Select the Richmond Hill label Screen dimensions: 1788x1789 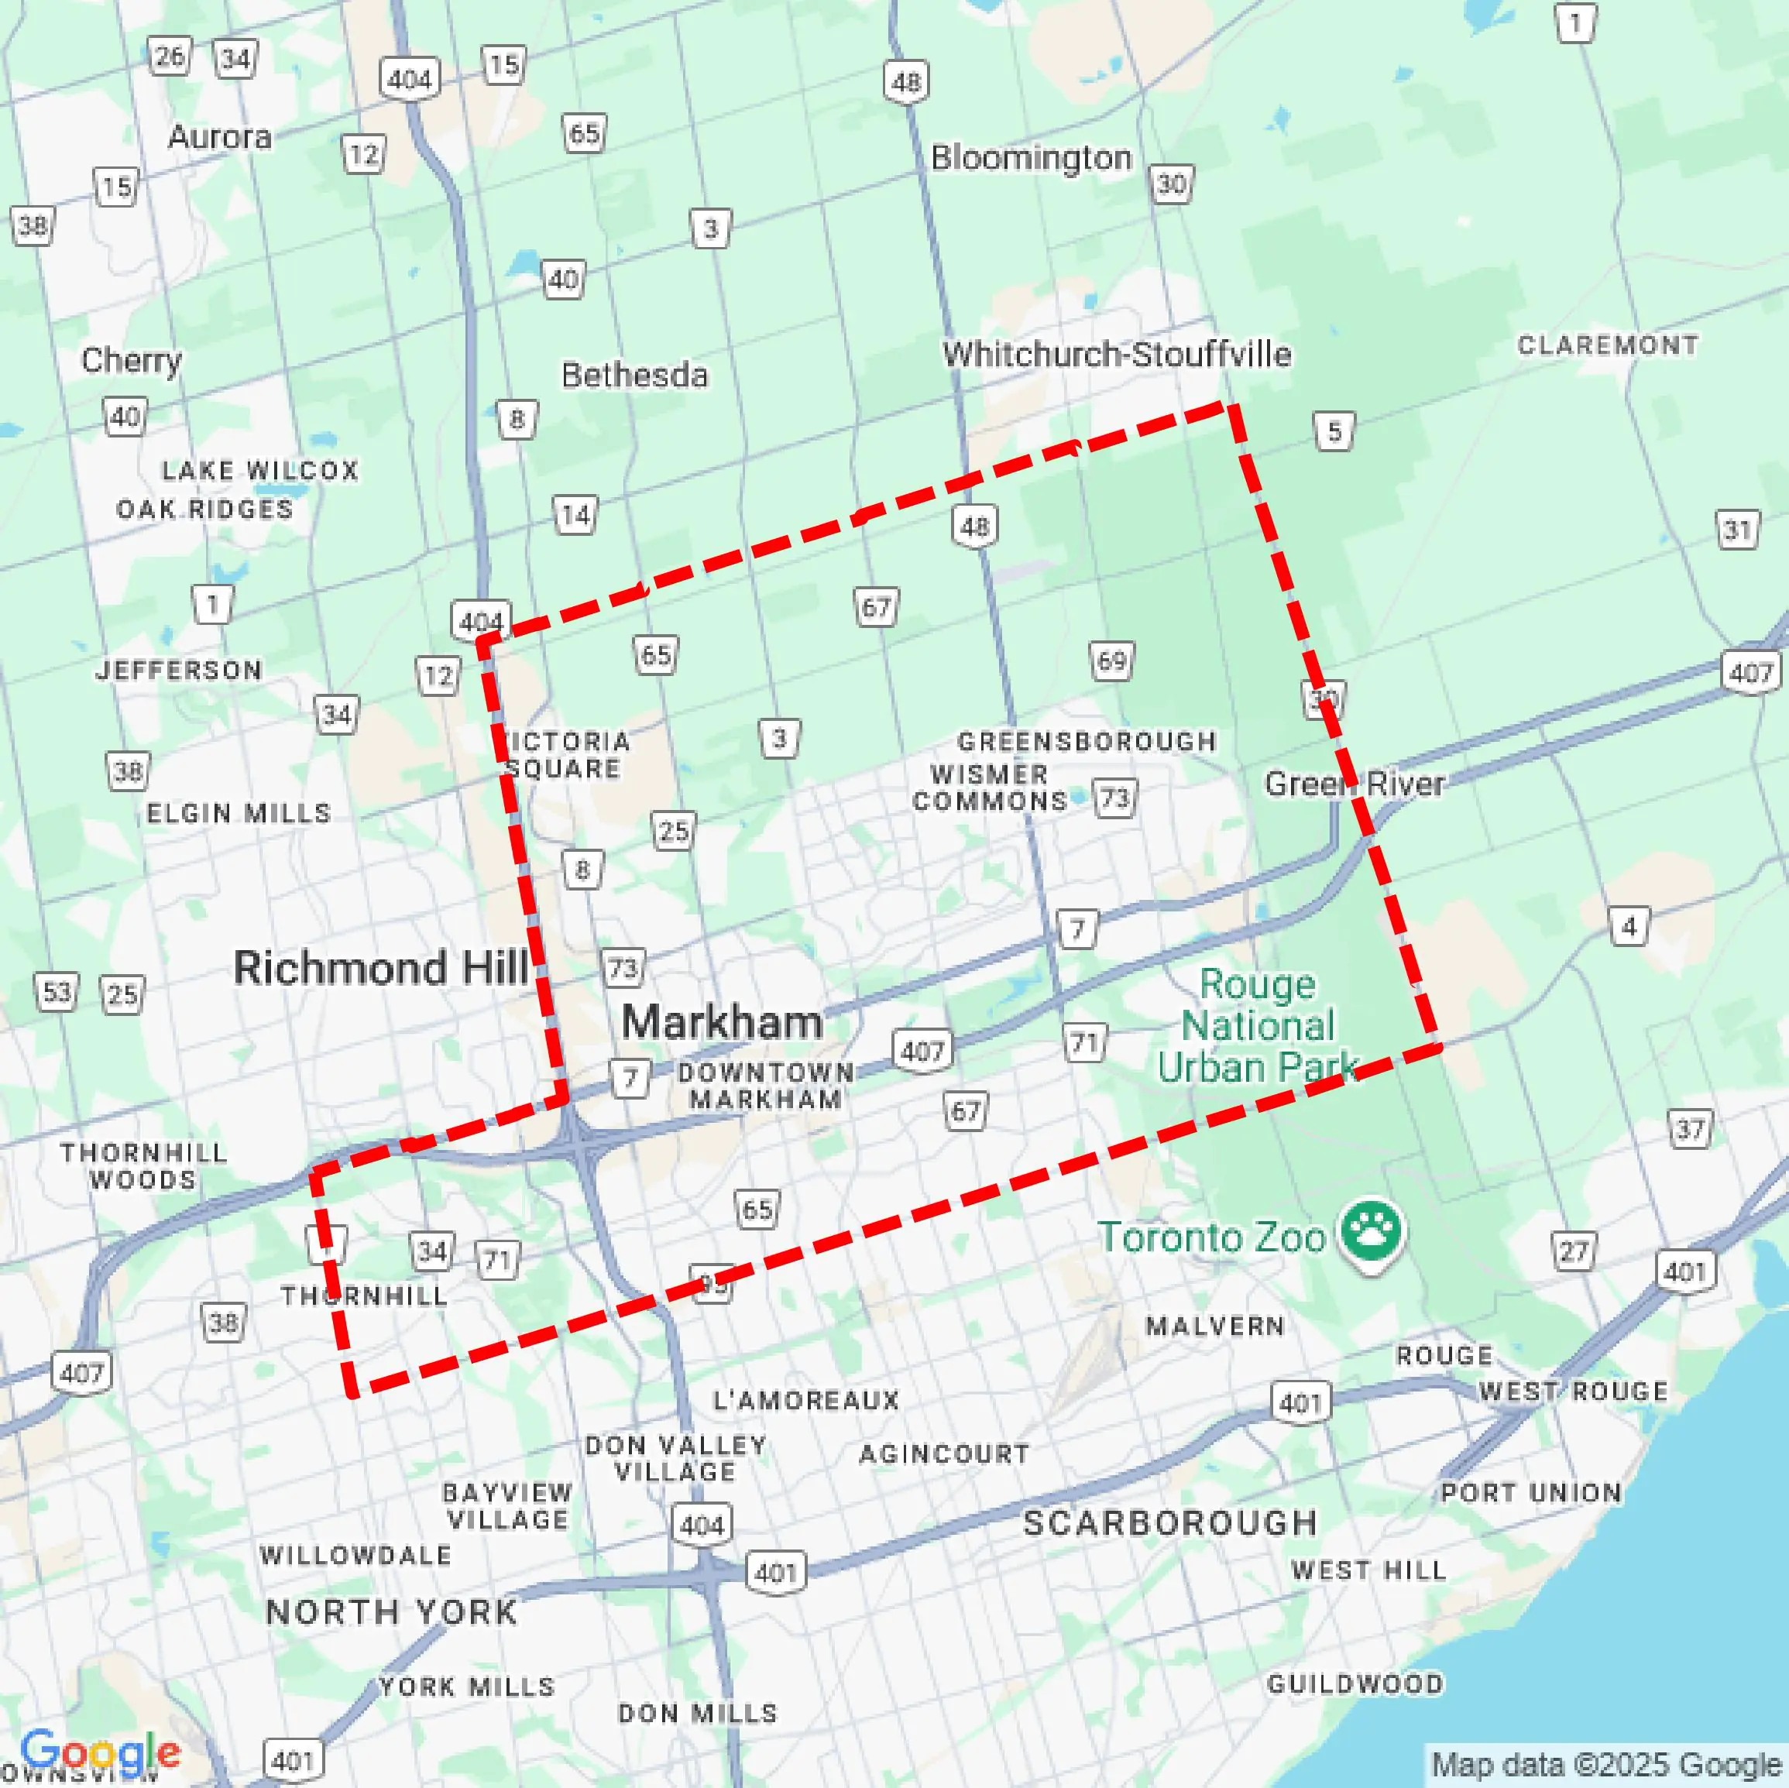click(x=380, y=968)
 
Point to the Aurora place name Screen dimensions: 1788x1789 click(x=219, y=137)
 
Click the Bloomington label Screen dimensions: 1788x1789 click(x=1031, y=157)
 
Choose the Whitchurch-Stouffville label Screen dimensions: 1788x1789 click(x=1117, y=354)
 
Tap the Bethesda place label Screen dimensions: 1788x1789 click(x=634, y=375)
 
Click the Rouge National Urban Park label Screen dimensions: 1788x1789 click(x=1258, y=1026)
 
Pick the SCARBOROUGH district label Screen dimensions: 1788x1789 click(x=1169, y=1522)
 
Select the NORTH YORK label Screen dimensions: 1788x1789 click(x=391, y=1612)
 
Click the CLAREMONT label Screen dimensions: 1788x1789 click(x=1608, y=345)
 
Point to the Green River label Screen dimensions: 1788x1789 click(x=1354, y=784)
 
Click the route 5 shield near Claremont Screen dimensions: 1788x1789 click(x=1334, y=431)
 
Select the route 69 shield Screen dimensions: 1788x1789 click(x=1111, y=661)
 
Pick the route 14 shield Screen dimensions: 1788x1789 click(x=575, y=515)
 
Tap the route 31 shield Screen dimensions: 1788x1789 click(x=1737, y=530)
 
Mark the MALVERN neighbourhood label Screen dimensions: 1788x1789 click(x=1215, y=1326)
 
